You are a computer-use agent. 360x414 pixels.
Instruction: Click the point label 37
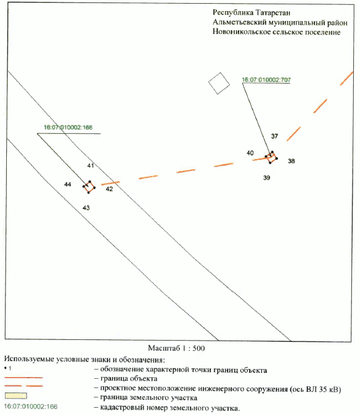(274, 136)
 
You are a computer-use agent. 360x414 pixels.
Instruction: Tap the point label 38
(291, 161)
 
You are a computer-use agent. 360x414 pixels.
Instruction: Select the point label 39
(267, 178)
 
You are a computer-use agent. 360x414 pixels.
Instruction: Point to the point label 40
(250, 153)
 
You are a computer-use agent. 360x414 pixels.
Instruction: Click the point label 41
(91, 165)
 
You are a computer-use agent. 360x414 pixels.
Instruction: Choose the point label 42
(109, 189)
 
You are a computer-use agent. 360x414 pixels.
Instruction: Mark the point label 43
(86, 208)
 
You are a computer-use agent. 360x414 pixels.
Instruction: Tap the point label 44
(68, 184)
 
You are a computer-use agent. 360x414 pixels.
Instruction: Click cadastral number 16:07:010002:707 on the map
(266, 80)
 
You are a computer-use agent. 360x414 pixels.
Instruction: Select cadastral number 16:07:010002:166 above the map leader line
(68, 127)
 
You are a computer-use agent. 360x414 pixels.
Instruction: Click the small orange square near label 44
(89, 187)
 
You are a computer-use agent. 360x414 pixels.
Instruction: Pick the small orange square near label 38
(271, 157)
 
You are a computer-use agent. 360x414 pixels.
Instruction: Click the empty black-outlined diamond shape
(219, 83)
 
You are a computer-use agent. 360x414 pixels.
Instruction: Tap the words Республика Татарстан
(252, 12)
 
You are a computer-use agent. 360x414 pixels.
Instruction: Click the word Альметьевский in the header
(239, 22)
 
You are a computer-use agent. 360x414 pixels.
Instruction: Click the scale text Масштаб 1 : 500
(176, 348)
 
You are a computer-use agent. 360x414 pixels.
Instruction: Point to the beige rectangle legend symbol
(16, 395)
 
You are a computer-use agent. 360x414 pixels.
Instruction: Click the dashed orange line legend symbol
(24, 386)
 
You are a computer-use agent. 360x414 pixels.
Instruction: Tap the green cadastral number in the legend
(31, 407)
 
